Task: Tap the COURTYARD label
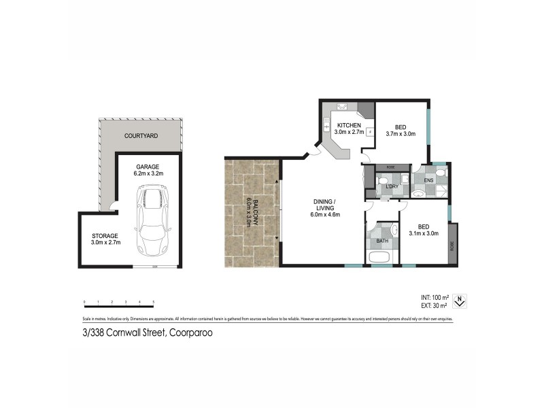click(x=141, y=136)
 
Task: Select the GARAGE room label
click(x=147, y=166)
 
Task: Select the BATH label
click(x=382, y=241)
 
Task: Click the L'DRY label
click(x=391, y=186)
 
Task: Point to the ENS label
click(x=428, y=180)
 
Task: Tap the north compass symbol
click(x=460, y=299)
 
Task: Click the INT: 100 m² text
click(x=435, y=298)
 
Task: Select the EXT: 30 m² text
click(x=435, y=306)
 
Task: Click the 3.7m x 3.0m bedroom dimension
click(x=401, y=134)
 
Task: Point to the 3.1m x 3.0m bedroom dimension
click(x=424, y=233)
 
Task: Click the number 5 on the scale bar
click(x=154, y=301)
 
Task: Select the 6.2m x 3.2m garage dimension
click(x=147, y=173)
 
